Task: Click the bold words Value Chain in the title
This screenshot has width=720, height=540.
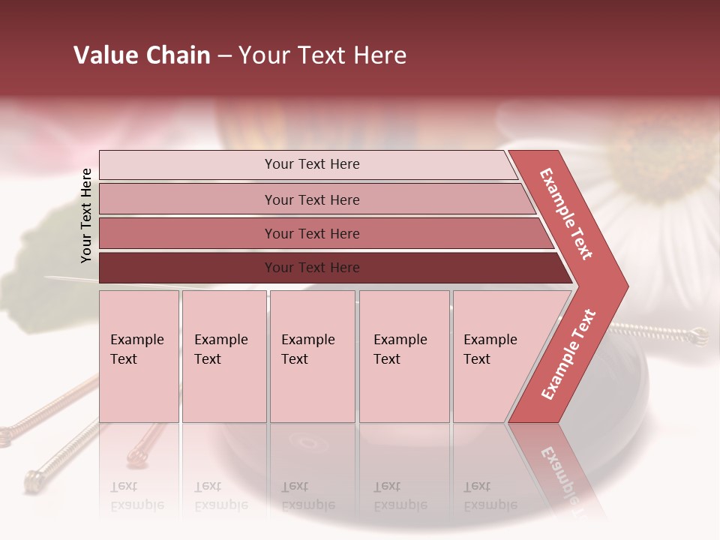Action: (142, 55)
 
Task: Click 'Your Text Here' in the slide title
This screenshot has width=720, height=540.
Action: (322, 55)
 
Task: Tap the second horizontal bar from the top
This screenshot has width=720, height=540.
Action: (312, 199)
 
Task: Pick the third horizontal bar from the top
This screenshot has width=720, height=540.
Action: (312, 233)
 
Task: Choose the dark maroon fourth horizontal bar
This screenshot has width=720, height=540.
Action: (312, 268)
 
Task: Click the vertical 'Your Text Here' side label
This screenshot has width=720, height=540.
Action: (86, 215)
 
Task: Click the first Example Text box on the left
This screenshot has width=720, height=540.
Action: (139, 355)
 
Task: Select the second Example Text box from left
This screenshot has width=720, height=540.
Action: (223, 355)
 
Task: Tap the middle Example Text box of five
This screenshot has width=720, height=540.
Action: (312, 355)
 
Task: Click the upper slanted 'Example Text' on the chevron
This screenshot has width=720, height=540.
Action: (566, 214)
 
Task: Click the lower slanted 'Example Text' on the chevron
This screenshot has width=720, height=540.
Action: (568, 354)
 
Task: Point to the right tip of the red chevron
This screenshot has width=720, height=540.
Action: (626, 286)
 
